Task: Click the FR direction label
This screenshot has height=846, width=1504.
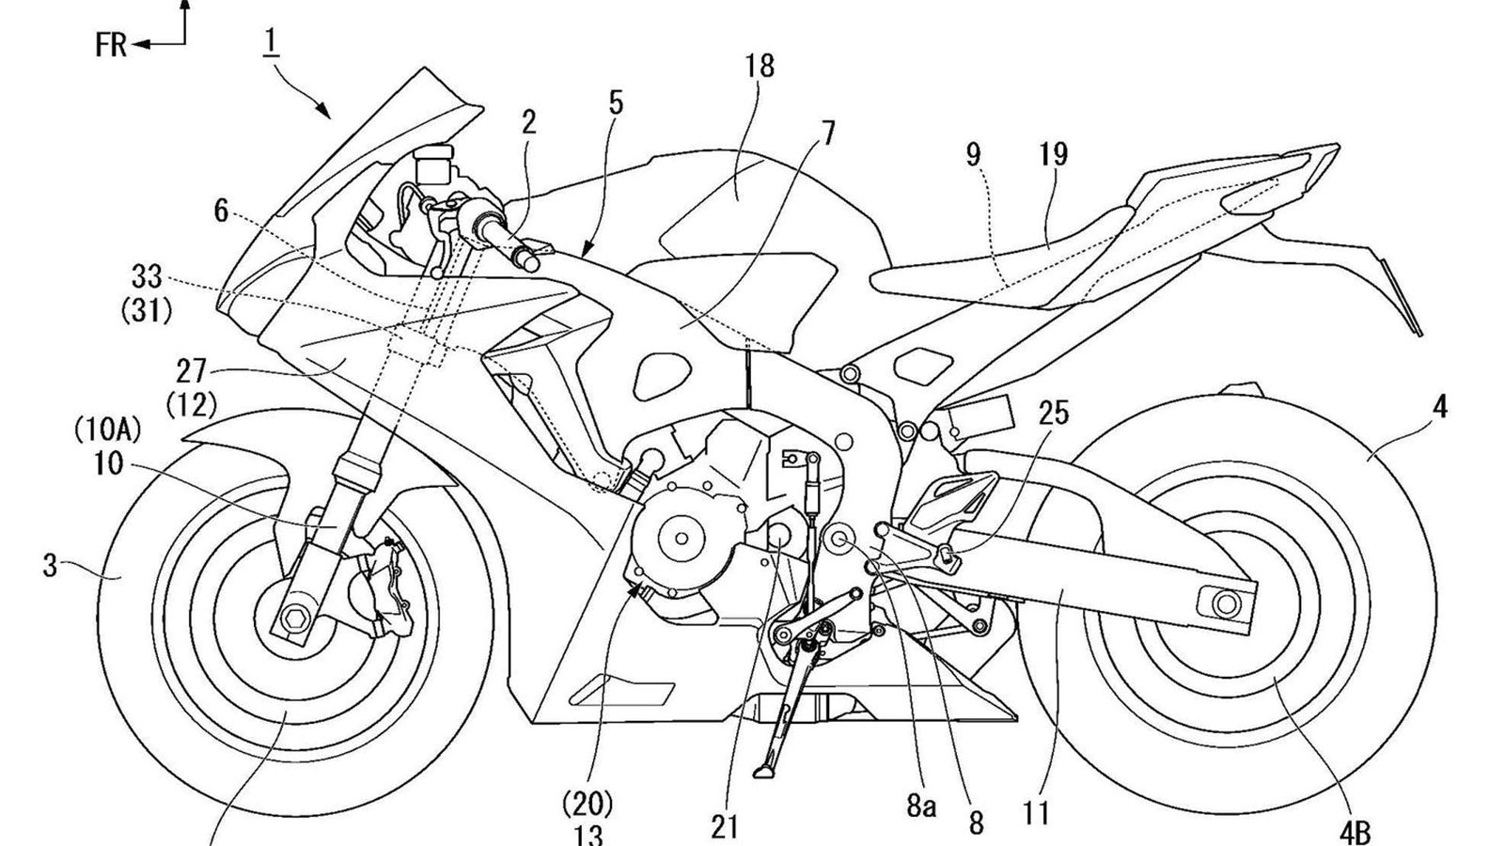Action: pyautogui.click(x=111, y=44)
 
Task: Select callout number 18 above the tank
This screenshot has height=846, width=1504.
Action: pyautogui.click(x=760, y=66)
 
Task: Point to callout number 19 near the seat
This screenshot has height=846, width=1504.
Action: pyautogui.click(x=1054, y=154)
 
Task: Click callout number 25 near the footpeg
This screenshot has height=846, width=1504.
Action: pyautogui.click(x=1054, y=414)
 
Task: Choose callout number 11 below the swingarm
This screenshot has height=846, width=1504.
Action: pyautogui.click(x=1037, y=812)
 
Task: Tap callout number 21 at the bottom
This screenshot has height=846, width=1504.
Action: pyautogui.click(x=725, y=827)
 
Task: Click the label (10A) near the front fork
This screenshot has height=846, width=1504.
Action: pyautogui.click(x=108, y=431)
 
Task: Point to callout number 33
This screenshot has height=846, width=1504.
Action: pyautogui.click(x=148, y=276)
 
